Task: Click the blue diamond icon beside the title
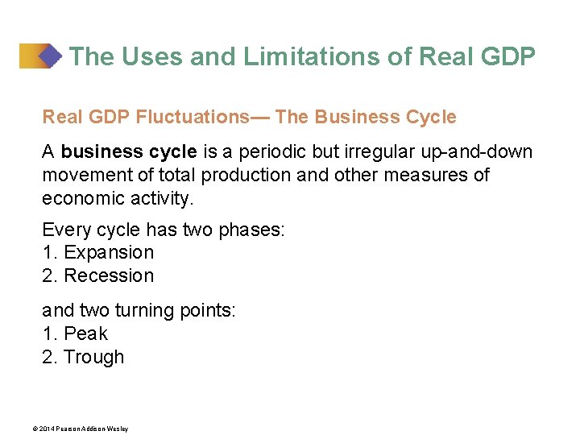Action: point(51,56)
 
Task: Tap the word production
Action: point(246,176)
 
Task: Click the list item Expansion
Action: point(108,252)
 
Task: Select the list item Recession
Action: point(108,275)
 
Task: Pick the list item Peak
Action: point(85,333)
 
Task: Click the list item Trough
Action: point(93,357)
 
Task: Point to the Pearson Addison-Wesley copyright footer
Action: point(85,429)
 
